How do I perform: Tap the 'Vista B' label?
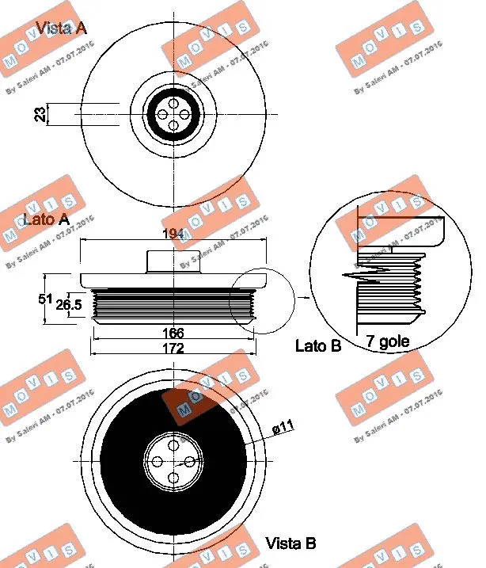(x=290, y=543)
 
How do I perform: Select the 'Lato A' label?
(x=47, y=220)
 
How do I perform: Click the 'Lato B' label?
(x=317, y=345)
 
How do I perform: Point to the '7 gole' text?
(x=387, y=343)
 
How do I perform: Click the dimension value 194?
(x=173, y=234)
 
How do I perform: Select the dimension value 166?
(x=173, y=333)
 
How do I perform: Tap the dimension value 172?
(x=173, y=348)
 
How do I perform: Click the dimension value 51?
(x=45, y=299)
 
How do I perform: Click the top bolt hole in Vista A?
(x=173, y=102)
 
